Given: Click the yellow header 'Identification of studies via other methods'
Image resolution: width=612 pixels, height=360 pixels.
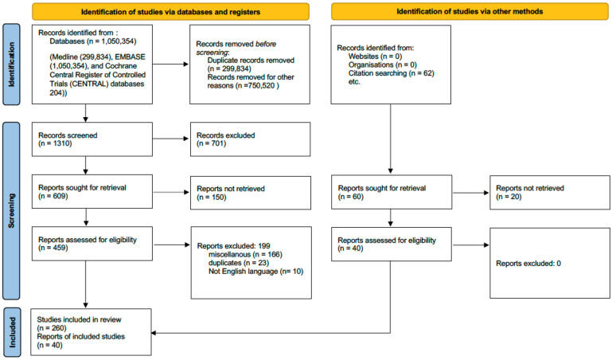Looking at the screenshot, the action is pos(470,11).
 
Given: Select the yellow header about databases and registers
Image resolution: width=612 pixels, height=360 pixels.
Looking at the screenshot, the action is pos(170,12).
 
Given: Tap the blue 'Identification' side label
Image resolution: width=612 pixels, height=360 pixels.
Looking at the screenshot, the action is pos(11,65).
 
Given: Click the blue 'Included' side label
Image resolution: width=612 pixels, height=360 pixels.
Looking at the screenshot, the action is pos(12,332).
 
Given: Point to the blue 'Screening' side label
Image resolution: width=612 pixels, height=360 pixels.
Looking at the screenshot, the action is pos(11,211).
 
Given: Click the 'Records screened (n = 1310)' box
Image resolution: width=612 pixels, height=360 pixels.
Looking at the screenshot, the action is pos(92,139).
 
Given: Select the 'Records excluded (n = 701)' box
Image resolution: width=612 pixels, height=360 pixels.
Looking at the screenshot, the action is pos(250,139).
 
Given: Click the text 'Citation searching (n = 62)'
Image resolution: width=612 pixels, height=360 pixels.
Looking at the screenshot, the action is pos(391,73).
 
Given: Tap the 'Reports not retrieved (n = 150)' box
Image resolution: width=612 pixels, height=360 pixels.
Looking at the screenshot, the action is pos(251,193).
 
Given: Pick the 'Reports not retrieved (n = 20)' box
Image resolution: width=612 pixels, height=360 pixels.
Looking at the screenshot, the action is pos(550,193).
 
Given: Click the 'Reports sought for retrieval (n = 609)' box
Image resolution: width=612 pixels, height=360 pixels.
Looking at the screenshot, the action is pos(92,191).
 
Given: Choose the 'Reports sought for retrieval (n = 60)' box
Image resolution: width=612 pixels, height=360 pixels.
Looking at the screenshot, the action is pos(392,192).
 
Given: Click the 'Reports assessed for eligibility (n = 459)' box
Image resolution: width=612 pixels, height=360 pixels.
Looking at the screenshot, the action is pos(92,244).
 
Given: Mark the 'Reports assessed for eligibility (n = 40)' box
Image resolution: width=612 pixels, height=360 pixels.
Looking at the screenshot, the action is pos(392,245).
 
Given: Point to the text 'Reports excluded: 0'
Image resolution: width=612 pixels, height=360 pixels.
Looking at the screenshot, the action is pos(528,264).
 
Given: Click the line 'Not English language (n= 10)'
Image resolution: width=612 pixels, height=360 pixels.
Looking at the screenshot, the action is pos(255,272).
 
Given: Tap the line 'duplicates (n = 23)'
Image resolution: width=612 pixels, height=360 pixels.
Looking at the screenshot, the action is pos(239,263).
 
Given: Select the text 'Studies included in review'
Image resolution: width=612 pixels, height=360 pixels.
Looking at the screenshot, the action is pos(80,319).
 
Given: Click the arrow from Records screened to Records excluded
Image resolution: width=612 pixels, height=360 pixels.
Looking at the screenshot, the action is pos(170,139).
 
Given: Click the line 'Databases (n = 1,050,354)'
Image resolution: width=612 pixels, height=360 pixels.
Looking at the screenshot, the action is pos(93,41).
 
